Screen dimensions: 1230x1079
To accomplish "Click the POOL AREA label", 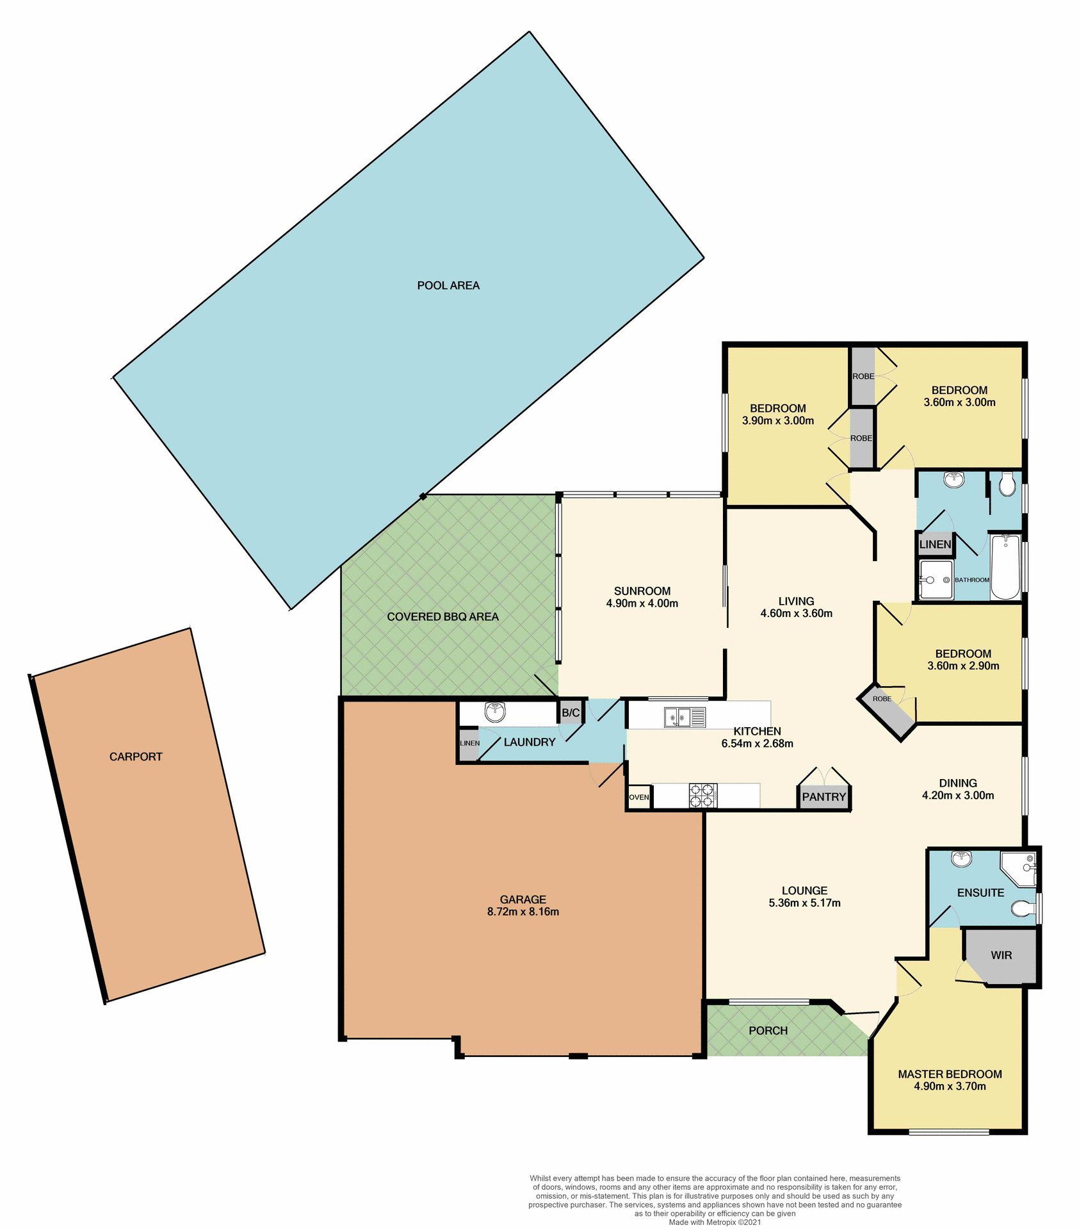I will point(448,286).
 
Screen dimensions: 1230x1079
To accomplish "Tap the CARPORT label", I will point(136,757).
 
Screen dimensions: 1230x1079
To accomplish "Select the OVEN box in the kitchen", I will point(638,797).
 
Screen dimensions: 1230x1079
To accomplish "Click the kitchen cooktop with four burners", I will point(702,796).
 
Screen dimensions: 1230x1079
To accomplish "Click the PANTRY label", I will point(824,797).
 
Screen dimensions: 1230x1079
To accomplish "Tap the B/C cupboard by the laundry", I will point(571,713).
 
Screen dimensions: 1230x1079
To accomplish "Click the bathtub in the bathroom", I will point(1005,567).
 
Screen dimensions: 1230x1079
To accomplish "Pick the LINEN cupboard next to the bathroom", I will point(935,545).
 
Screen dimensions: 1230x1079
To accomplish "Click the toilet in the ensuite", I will point(1023,908).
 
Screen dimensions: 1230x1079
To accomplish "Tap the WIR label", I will point(1001,955).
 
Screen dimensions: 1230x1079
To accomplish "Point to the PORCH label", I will point(768,1030).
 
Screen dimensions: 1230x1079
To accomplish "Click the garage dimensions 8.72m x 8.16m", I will point(523,912).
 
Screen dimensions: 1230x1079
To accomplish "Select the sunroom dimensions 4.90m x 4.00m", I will point(642,603).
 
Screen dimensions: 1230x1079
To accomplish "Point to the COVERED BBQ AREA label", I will point(442,617).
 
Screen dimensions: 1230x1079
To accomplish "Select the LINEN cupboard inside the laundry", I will point(469,743).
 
